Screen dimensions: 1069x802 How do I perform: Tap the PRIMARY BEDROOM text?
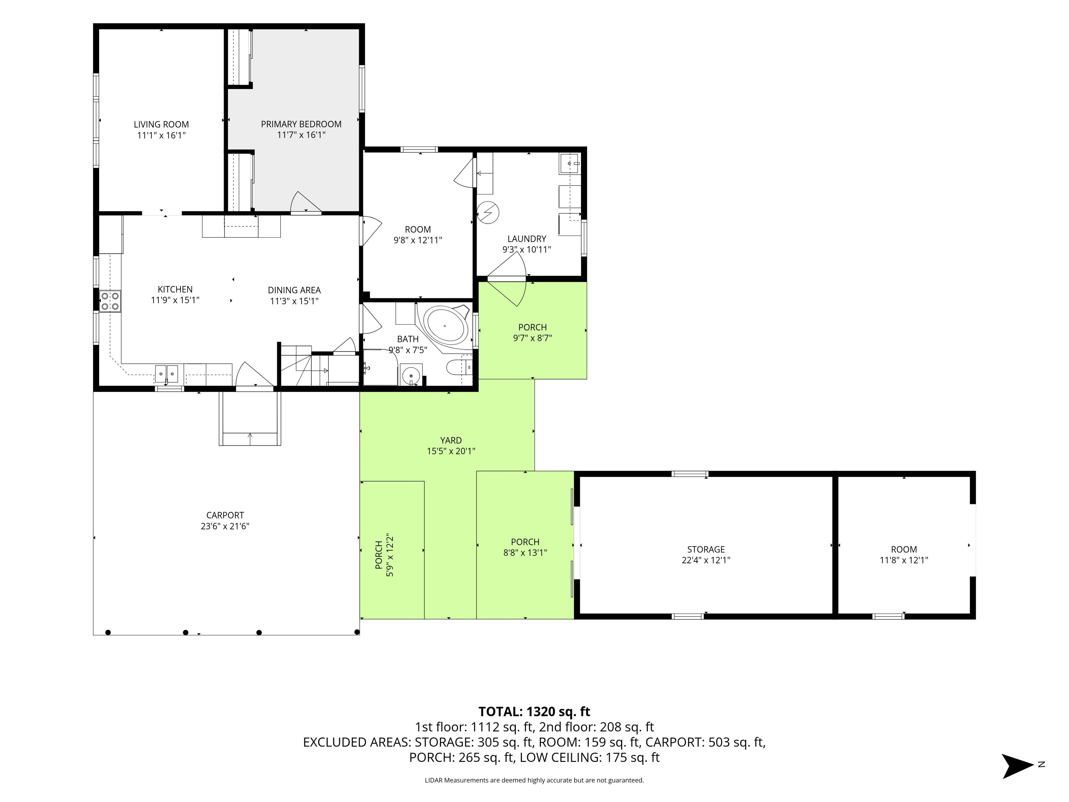301,124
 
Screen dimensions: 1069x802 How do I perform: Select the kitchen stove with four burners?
110,301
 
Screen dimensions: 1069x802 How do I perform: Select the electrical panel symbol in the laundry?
488,212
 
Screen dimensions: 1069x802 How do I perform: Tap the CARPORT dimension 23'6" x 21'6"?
225,526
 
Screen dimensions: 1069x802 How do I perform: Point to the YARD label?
451,440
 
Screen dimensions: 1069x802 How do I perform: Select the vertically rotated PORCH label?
379,555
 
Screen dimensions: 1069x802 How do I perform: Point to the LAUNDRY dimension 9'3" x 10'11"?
527,250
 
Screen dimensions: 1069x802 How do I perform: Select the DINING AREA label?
294,290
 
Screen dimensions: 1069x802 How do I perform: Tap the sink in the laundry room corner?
570,164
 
